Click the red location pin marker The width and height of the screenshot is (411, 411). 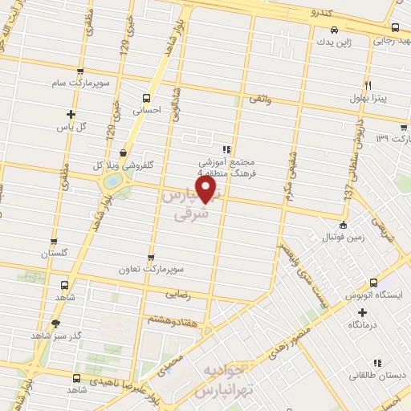pyautogui.click(x=207, y=189)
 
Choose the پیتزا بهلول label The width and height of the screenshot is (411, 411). pyautogui.click(x=368, y=98)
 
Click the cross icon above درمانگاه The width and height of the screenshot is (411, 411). pyautogui.click(x=362, y=311)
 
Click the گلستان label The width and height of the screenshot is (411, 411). pyautogui.click(x=54, y=253)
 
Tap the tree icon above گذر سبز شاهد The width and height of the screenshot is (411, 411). pyautogui.click(x=55, y=323)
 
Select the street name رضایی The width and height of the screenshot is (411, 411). pyautogui.click(x=178, y=295)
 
